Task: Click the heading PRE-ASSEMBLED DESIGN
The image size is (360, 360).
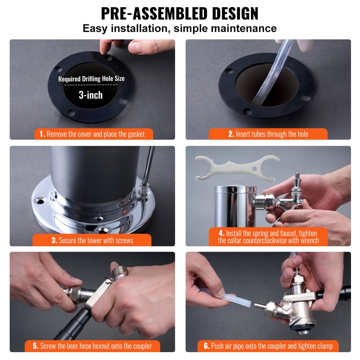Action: tap(180, 13)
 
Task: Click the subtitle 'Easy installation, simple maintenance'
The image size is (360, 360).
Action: tap(180, 28)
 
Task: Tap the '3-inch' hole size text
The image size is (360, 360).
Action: tap(91, 95)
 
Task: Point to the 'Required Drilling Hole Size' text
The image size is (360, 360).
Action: tap(91, 79)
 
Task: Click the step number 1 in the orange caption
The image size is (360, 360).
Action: tap(42, 134)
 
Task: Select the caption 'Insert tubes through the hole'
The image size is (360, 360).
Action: tap(272, 134)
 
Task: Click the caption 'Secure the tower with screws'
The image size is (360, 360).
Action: tap(96, 240)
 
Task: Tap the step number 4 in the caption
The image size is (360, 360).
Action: tap(221, 233)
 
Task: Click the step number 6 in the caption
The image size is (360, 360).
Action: tap(207, 346)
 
